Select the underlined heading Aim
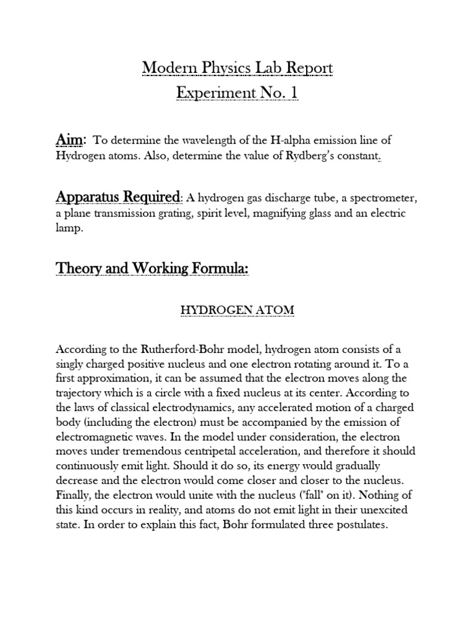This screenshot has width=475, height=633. tap(70, 140)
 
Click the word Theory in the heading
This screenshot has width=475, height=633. tap(79, 269)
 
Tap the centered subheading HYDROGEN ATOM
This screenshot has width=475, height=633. tap(237, 310)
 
